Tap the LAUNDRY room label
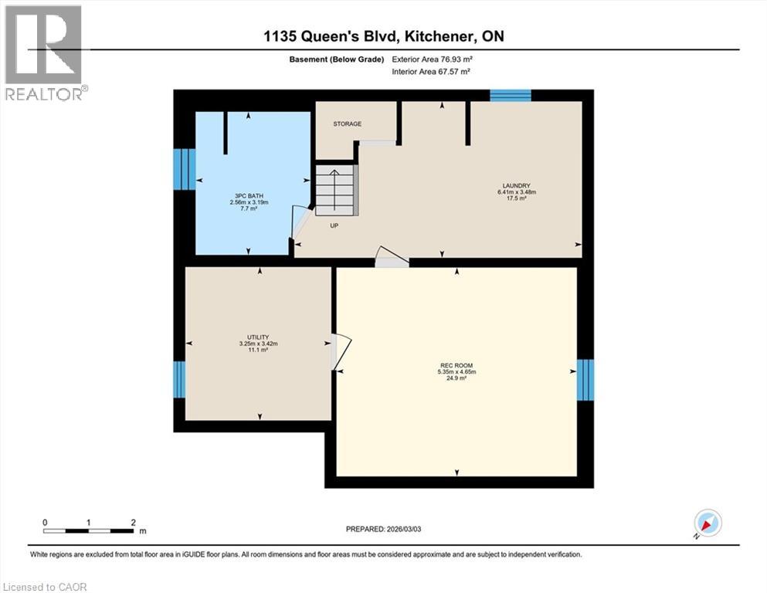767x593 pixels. point(516,186)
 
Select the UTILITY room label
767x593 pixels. point(257,337)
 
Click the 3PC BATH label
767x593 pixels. point(248,196)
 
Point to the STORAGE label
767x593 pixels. point(347,124)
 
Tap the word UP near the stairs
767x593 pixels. point(334,226)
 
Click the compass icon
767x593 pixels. point(708,523)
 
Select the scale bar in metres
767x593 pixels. point(89,530)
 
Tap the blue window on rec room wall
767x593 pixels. point(585,380)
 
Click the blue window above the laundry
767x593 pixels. point(511,95)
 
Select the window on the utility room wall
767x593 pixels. point(179,379)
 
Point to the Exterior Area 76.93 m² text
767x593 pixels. point(431,59)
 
